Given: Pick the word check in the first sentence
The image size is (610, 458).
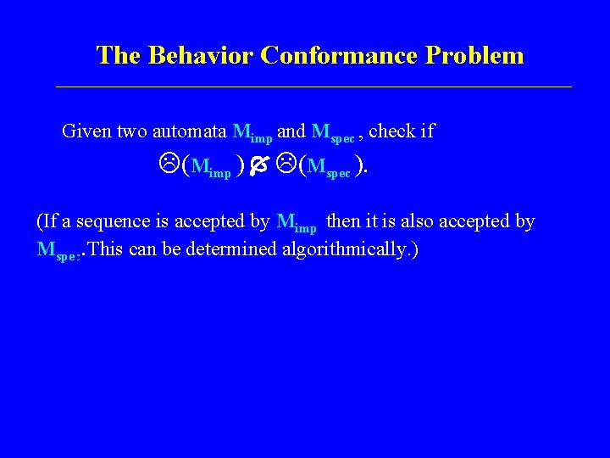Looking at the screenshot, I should click(392, 131).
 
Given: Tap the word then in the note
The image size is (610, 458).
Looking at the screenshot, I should click(343, 222).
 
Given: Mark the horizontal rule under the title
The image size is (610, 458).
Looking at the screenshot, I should click(313, 87).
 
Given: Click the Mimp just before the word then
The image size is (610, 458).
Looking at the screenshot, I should click(297, 224).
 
